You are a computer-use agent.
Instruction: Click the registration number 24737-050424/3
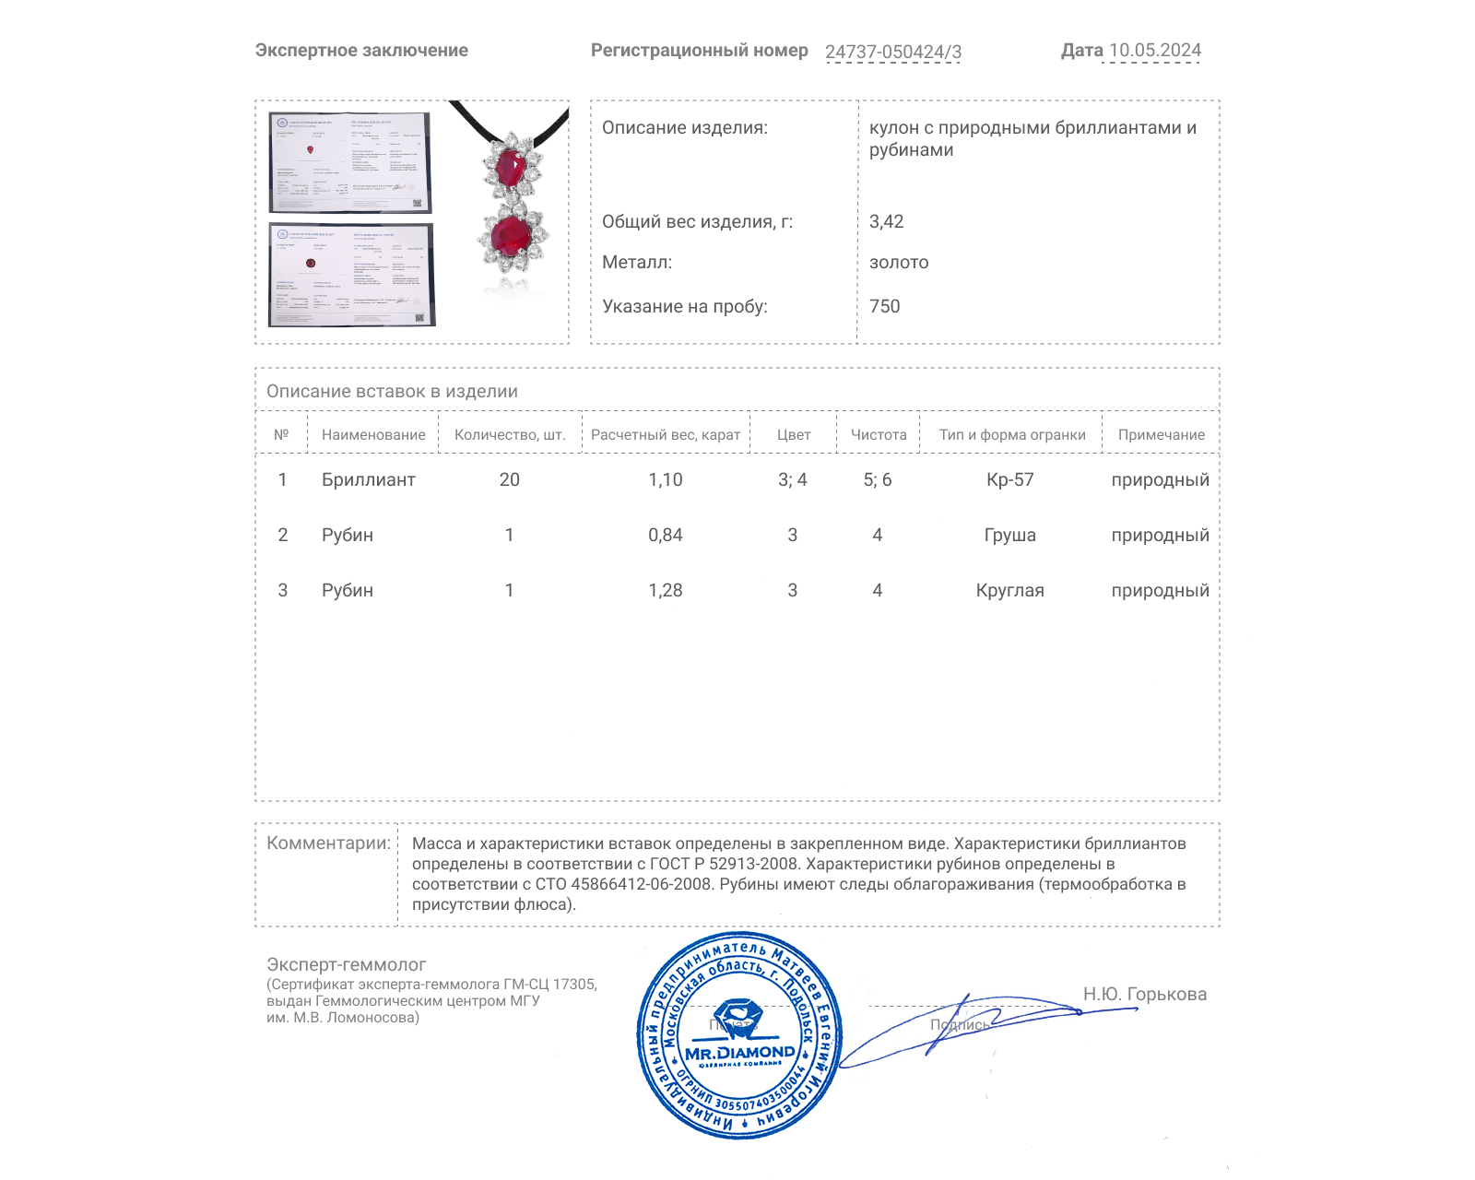(x=892, y=52)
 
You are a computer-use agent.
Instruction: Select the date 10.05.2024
(x=1154, y=51)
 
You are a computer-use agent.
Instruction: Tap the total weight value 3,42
(x=886, y=221)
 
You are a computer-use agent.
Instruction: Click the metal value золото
(x=899, y=262)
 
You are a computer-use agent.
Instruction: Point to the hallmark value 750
(x=884, y=306)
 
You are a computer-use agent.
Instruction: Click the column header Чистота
(x=879, y=434)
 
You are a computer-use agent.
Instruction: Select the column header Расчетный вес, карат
(x=666, y=434)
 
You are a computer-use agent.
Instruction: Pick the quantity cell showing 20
(x=509, y=479)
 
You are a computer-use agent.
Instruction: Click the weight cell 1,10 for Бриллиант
(x=666, y=479)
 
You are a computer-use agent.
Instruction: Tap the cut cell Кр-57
(x=1010, y=479)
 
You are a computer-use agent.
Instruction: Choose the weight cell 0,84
(x=666, y=535)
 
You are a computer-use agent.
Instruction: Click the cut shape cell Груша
(x=1010, y=535)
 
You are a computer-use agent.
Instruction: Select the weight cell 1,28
(x=666, y=590)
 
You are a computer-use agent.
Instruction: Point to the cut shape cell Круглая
(x=1010, y=590)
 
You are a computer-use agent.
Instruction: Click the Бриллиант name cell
(x=368, y=479)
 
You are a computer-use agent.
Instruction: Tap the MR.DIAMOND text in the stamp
(x=739, y=1052)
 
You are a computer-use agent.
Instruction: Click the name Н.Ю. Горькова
(x=1144, y=994)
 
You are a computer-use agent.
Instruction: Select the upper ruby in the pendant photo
(x=509, y=168)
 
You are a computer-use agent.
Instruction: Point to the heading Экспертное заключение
(x=361, y=51)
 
